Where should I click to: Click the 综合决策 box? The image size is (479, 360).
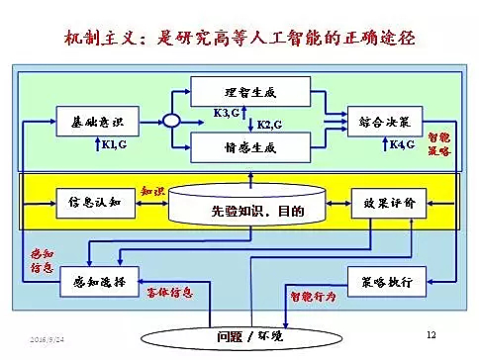click(386, 121)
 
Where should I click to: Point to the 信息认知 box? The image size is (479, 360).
click(88, 202)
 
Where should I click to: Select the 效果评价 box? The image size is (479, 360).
click(385, 202)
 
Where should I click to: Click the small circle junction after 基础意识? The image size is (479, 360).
click(169, 121)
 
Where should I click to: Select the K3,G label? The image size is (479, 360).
click(226, 114)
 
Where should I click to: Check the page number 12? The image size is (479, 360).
click(430, 335)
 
